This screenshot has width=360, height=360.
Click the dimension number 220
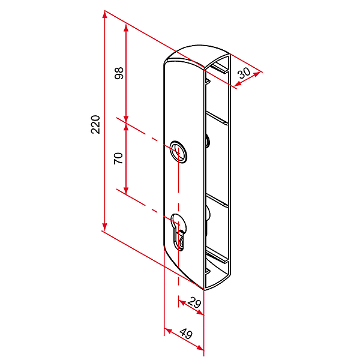(95, 124)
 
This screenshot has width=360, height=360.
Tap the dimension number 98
(119, 73)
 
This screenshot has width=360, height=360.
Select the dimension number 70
(118, 158)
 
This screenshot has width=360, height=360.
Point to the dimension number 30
(244, 73)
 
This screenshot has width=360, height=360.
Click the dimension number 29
(194, 303)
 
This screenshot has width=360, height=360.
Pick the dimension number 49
(186, 334)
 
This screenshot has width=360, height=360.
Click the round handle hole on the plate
(178, 152)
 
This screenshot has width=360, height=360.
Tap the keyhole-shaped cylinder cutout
(179, 230)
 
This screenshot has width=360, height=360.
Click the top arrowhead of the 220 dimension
(104, 14)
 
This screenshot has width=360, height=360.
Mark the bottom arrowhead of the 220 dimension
(104, 227)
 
